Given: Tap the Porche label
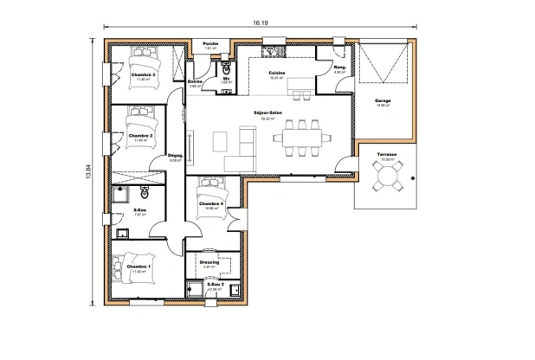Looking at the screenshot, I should click(x=209, y=43).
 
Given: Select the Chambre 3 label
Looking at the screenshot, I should click(x=143, y=75).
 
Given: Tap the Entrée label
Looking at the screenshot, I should click(x=196, y=81).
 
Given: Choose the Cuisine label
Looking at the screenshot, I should click(x=277, y=73).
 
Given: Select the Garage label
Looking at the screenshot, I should click(x=383, y=101).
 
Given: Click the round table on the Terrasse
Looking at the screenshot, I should click(x=386, y=178).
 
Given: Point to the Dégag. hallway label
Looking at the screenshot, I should click(x=175, y=156).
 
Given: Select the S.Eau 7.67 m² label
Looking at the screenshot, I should click(x=139, y=209).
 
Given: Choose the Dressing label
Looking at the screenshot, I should click(x=209, y=261).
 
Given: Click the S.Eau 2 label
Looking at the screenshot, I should click(x=215, y=284).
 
